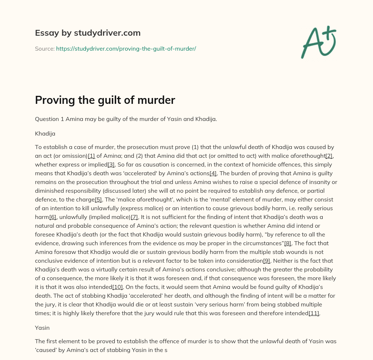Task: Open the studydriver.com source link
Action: [x=126, y=48]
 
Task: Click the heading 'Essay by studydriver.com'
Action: [x=88, y=33]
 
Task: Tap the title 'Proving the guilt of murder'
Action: [x=105, y=100]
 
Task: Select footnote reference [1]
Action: [x=91, y=156]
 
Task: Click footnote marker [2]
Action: [x=329, y=156]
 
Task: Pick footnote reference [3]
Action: [x=111, y=165]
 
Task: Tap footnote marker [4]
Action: [x=213, y=173]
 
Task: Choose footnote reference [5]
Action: [x=98, y=200]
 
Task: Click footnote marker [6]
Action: [x=53, y=217]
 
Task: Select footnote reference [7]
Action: [x=134, y=217]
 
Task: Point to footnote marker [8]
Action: [x=288, y=243]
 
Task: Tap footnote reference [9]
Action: [x=267, y=261]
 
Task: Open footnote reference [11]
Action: [x=314, y=313]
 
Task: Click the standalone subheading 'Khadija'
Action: [x=45, y=133]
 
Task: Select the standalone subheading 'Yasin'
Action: [x=42, y=328]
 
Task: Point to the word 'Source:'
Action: [x=45, y=48]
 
